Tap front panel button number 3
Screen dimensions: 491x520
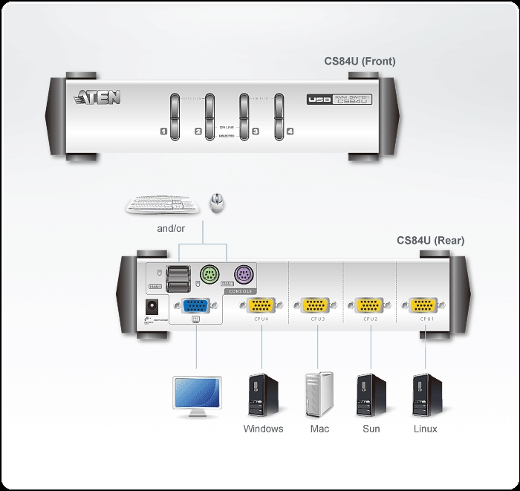pyautogui.click(x=244, y=116)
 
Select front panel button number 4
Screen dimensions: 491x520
pyautogui.click(x=279, y=116)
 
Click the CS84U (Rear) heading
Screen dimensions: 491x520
pyautogui.click(x=431, y=240)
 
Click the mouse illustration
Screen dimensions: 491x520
pyautogui.click(x=217, y=202)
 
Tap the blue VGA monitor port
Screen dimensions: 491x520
pyautogui.click(x=195, y=305)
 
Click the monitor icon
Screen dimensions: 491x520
pyautogui.click(x=196, y=397)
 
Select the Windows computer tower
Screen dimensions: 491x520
pyautogui.click(x=263, y=396)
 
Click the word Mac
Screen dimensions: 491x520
pyautogui.click(x=319, y=429)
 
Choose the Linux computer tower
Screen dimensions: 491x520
pyautogui.click(x=427, y=396)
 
